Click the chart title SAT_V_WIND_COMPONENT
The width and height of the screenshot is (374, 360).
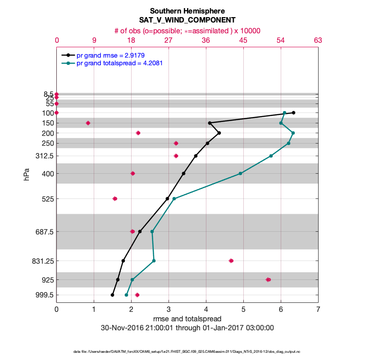click(187, 20)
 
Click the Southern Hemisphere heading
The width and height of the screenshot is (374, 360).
click(187, 11)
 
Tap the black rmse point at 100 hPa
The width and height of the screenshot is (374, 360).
click(293, 112)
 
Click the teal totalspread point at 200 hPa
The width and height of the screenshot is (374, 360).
click(293, 133)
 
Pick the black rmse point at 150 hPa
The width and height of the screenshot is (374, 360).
click(210, 123)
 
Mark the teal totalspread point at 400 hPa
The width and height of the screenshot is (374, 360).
click(240, 173)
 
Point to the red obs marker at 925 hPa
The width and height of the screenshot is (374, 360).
click(268, 279)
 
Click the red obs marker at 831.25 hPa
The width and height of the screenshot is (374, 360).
click(231, 261)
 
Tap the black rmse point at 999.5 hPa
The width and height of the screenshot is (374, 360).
click(112, 295)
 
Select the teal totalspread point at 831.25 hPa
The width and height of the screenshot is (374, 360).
click(154, 261)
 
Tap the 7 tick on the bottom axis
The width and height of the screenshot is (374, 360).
click(318, 310)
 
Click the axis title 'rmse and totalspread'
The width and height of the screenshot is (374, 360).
click(187, 319)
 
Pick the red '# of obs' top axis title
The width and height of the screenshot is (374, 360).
click(187, 31)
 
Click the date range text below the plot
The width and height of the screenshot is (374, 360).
click(187, 328)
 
